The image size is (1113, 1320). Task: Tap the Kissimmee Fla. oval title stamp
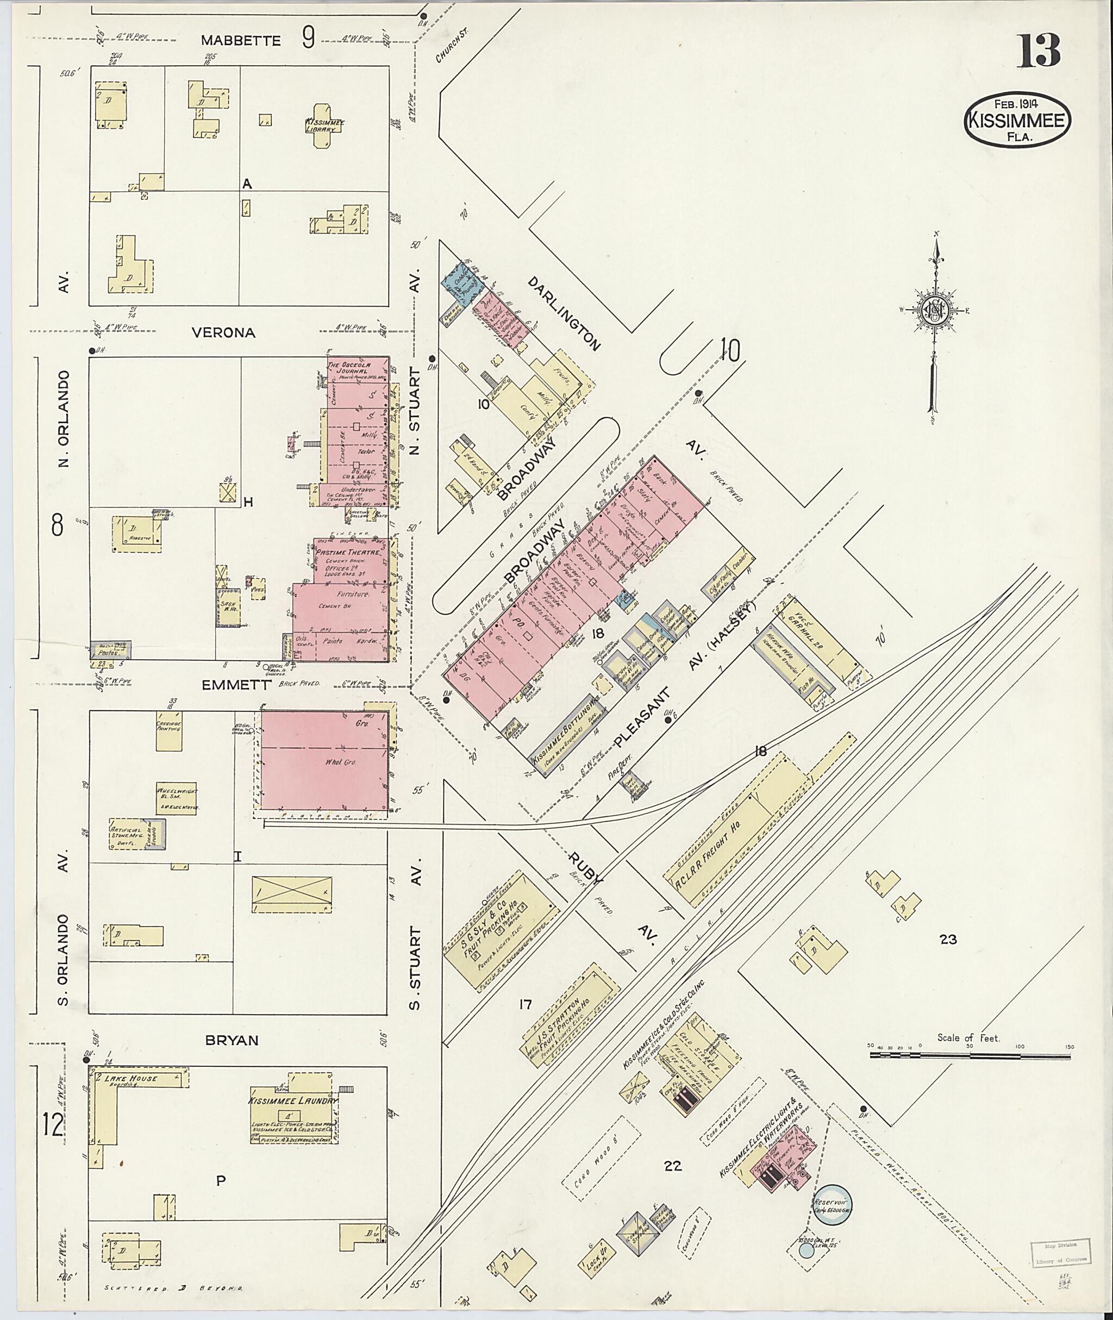tap(1017, 121)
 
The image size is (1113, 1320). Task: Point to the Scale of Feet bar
tap(972, 1054)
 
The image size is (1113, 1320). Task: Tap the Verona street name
tap(223, 333)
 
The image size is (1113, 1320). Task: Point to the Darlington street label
tap(564, 314)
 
